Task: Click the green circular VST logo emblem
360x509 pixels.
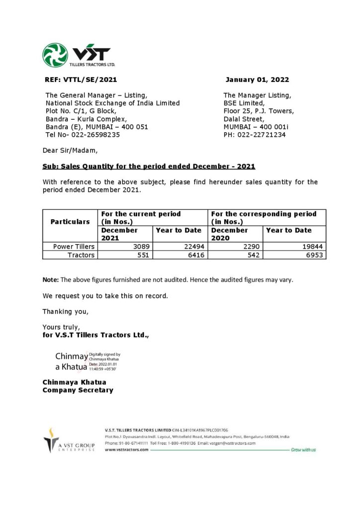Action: tap(55, 55)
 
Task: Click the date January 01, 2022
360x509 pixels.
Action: tap(257, 80)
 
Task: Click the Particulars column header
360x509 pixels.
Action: tap(70, 222)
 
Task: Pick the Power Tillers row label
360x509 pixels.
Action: tap(74, 247)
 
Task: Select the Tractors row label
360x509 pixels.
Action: tap(81, 255)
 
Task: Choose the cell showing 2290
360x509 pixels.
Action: tap(251, 247)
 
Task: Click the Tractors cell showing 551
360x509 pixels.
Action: tap(143, 255)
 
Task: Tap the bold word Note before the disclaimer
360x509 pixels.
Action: tap(50, 279)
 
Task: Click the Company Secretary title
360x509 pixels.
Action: tap(78, 390)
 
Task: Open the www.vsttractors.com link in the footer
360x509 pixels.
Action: tap(127, 449)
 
